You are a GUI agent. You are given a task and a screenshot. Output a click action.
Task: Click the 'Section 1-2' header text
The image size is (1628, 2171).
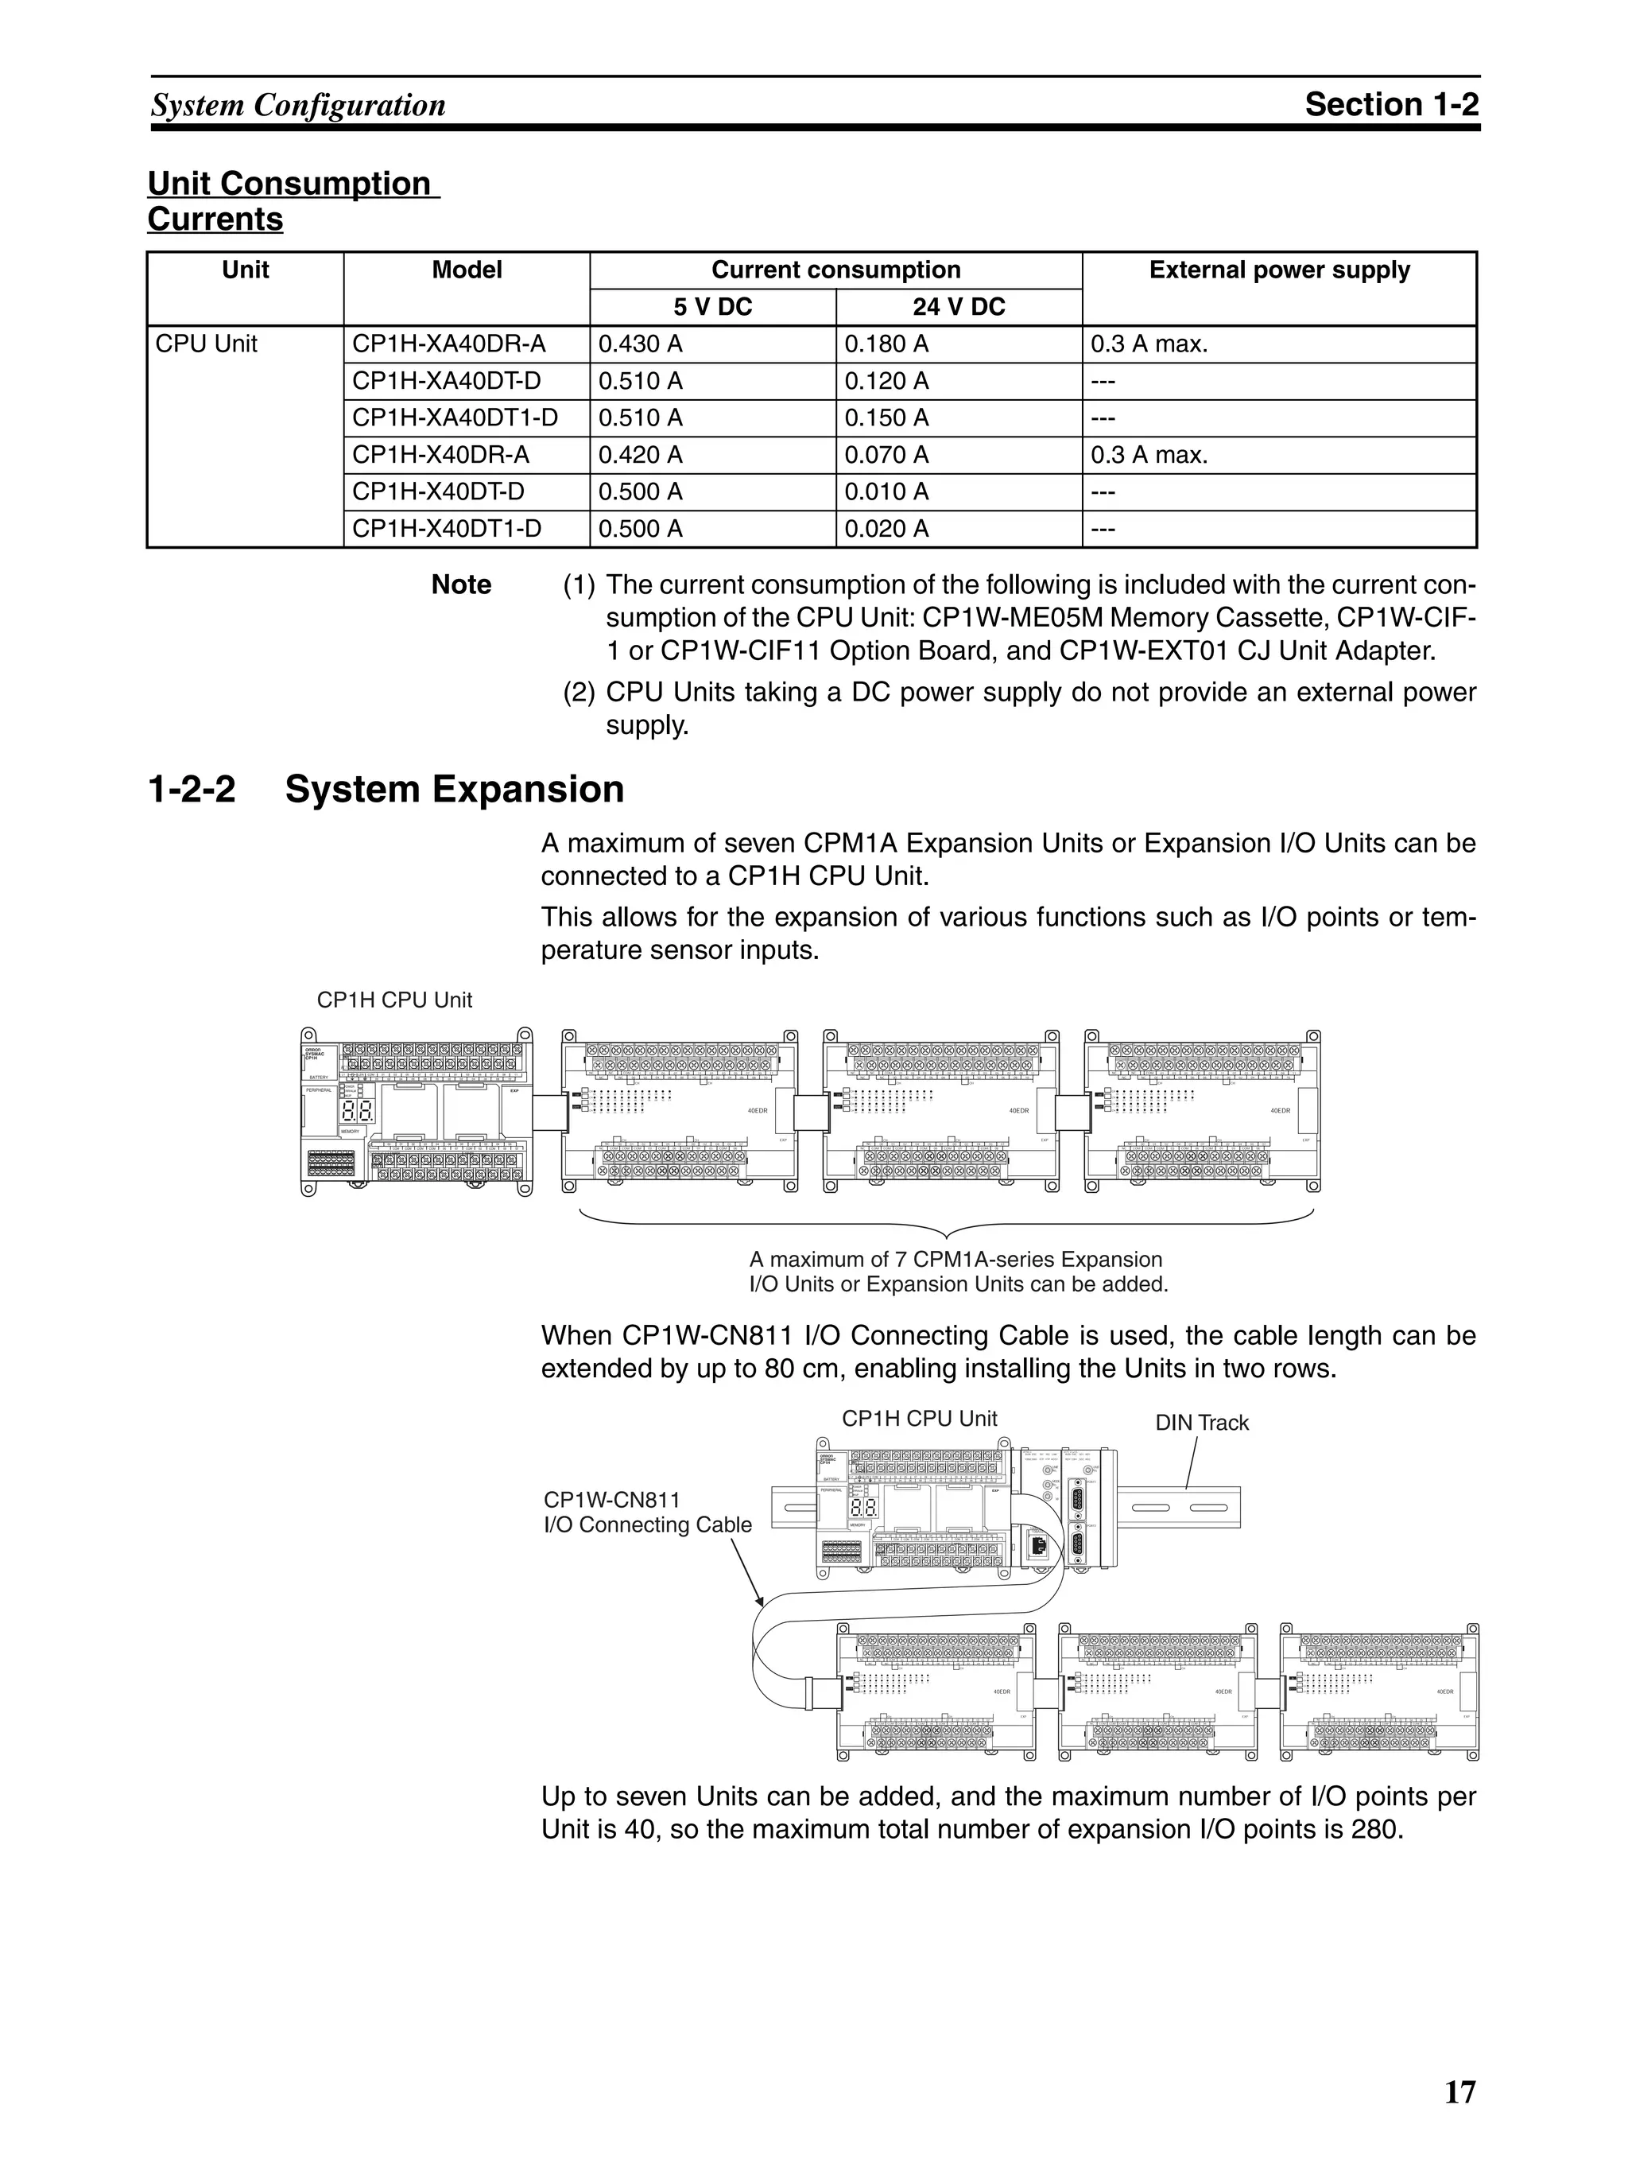[x=1390, y=104]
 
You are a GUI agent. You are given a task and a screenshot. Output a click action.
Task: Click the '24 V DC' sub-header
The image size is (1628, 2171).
[x=958, y=307]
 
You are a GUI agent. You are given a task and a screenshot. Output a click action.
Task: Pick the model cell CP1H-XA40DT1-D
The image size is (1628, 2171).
[x=455, y=418]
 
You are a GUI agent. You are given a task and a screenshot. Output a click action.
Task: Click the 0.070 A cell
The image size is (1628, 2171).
[x=886, y=456]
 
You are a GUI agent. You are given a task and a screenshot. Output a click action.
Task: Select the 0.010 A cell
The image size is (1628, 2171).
[x=886, y=491]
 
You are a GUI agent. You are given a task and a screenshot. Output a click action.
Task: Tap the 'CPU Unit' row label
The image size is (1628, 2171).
[x=206, y=344]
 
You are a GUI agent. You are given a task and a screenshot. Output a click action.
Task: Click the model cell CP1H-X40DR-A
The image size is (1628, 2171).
[x=440, y=456]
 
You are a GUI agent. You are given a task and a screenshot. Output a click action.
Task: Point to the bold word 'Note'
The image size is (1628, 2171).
[x=461, y=585]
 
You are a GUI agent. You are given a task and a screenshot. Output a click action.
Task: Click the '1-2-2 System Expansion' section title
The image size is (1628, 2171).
[x=386, y=789]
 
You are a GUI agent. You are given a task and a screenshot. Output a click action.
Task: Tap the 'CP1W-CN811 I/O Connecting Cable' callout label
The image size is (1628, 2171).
[x=647, y=1513]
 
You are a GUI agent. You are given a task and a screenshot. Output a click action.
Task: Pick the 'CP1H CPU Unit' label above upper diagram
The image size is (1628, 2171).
[x=393, y=1000]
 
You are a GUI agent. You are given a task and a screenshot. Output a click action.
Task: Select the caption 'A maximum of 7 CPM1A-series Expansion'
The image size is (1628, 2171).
[x=955, y=1259]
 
